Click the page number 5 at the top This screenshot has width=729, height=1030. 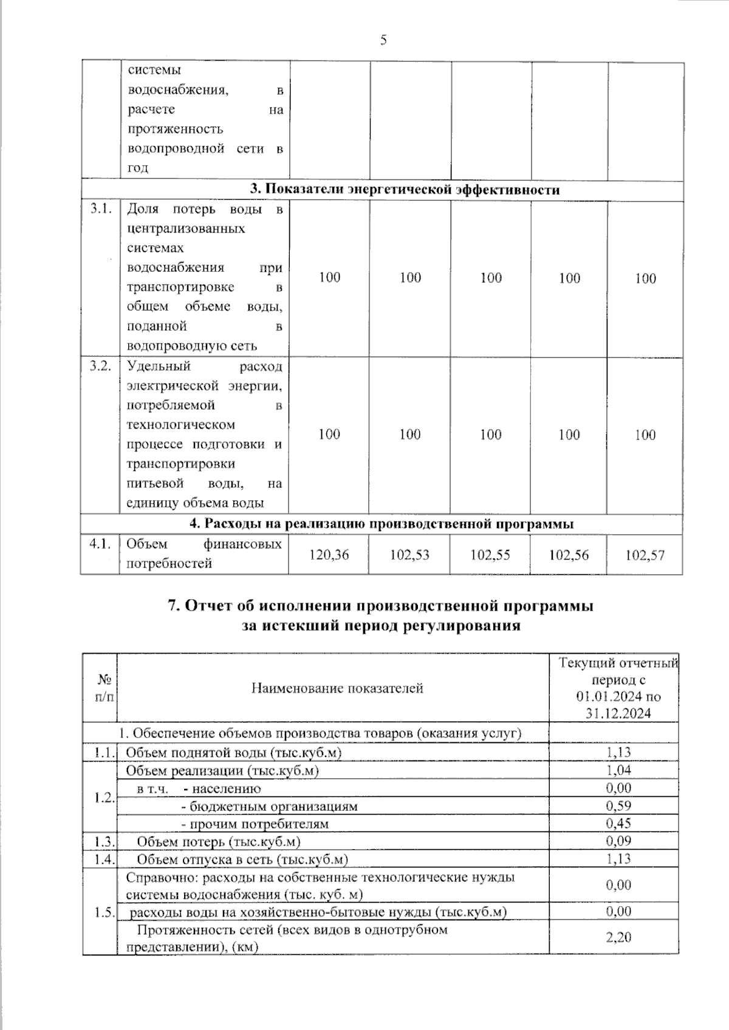pos(383,41)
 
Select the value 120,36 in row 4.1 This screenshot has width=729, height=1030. pos(329,554)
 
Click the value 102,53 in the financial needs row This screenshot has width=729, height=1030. pos(409,554)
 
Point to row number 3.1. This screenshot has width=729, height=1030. pos(100,209)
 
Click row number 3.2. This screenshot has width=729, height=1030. pos(100,366)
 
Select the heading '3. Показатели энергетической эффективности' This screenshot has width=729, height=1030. pos(405,189)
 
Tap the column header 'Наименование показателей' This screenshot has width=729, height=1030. pos(337,688)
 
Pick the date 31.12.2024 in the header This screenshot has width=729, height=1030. pos(618,713)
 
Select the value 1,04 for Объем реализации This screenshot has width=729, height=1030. pos(618,770)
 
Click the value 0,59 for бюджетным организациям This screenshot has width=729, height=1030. pos(618,805)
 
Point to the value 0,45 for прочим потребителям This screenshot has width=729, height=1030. pos(618,823)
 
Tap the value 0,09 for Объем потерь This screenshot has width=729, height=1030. pos(618,841)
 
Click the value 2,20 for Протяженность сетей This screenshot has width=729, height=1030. pos(618,937)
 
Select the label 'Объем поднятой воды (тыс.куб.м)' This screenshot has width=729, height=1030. pos(233,753)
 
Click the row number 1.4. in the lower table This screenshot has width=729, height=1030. pos(104,859)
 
